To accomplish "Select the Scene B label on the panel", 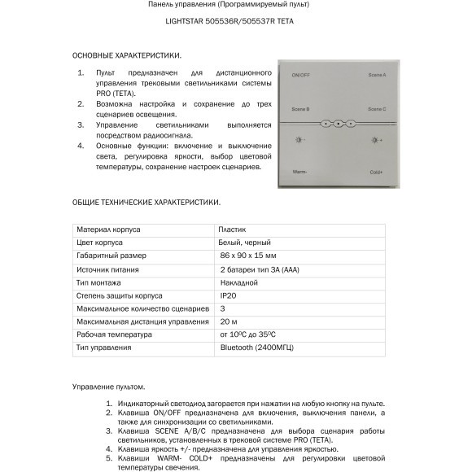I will tap(300, 108).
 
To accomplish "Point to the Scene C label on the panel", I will tap(377, 108).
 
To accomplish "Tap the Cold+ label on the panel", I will tap(376, 172).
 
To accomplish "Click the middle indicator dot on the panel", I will tap(338, 125).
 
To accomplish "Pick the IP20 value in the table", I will tap(228, 295).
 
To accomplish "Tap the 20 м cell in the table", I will tap(229, 321).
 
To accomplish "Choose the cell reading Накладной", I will tap(239, 282).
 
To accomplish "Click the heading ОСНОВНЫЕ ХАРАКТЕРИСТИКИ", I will tap(127, 55).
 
